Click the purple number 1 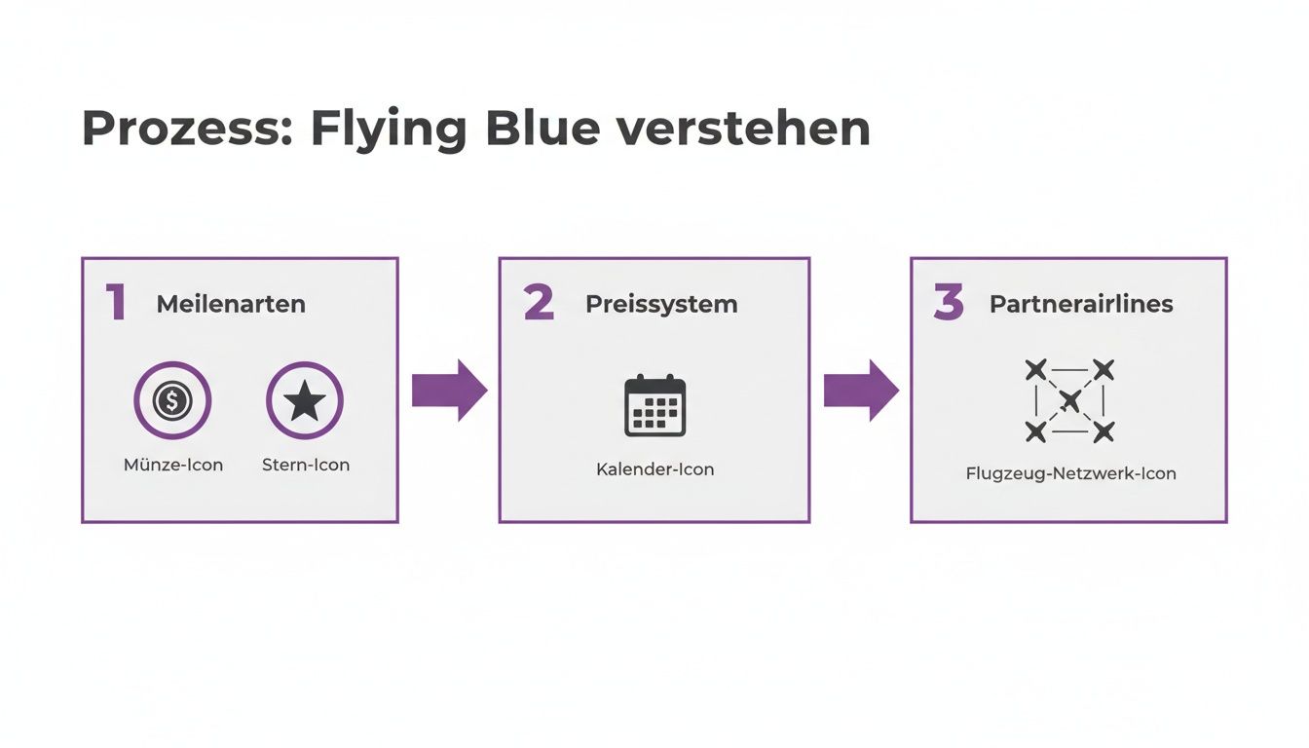click(x=117, y=303)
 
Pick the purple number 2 click(x=539, y=303)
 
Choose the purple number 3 click(x=949, y=303)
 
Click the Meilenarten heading click(x=231, y=304)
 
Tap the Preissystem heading click(x=661, y=304)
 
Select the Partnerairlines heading click(x=1081, y=304)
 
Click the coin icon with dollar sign click(x=172, y=400)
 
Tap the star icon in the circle click(x=305, y=400)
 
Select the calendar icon click(x=654, y=405)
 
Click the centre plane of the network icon click(x=1069, y=400)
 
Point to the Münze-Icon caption click(x=173, y=465)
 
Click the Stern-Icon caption click(x=306, y=465)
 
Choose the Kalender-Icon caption click(x=654, y=469)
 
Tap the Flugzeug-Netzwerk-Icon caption click(x=1070, y=474)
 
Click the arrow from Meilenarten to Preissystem click(x=449, y=390)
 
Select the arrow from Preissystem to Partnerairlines click(x=861, y=390)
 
